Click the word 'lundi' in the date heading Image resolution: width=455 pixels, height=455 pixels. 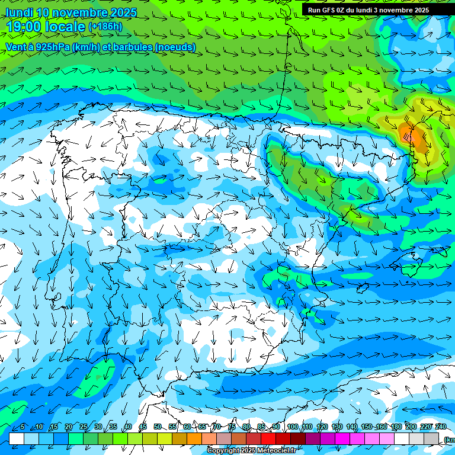(x=19, y=12)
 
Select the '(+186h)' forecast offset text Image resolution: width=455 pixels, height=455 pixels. (x=105, y=26)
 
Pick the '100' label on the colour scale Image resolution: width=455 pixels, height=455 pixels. (x=293, y=427)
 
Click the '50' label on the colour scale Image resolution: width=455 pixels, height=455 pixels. (x=158, y=427)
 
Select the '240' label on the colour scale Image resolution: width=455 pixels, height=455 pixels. (x=441, y=427)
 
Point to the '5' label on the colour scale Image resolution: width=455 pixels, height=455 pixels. (x=23, y=427)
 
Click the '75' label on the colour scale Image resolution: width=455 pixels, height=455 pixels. (x=232, y=427)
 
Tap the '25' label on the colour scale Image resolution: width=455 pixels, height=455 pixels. (x=84, y=427)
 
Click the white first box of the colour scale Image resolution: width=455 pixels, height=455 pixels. (x=17, y=438)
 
